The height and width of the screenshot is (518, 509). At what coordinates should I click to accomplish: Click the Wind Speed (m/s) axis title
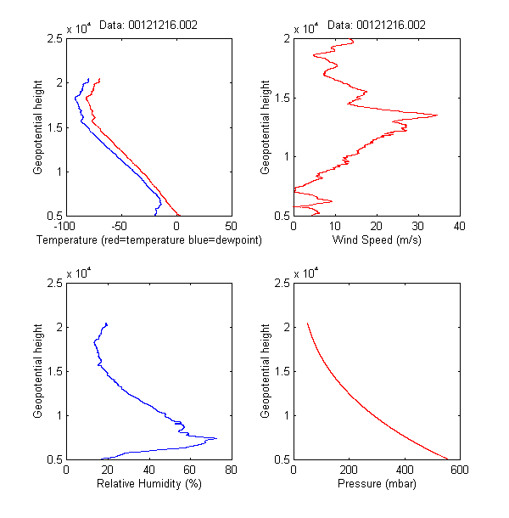pyautogui.click(x=377, y=240)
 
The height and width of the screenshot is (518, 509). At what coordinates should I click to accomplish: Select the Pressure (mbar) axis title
pyautogui.click(x=376, y=483)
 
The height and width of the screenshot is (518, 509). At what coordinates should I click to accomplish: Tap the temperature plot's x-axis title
pyautogui.click(x=148, y=240)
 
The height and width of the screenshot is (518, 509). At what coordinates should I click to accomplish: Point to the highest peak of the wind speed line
pyautogui.click(x=437, y=115)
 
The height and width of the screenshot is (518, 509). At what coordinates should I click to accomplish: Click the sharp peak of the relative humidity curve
pyautogui.click(x=216, y=438)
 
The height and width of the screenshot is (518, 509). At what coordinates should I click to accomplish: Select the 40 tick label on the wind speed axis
pyautogui.click(x=459, y=227)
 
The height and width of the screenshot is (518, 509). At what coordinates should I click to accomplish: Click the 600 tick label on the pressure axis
pyautogui.click(x=459, y=470)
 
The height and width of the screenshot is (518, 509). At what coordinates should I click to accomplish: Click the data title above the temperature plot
pyautogui.click(x=148, y=25)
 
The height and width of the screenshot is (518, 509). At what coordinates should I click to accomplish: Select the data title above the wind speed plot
pyautogui.click(x=376, y=25)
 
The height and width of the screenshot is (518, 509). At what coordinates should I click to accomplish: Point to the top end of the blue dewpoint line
pyautogui.click(x=89, y=79)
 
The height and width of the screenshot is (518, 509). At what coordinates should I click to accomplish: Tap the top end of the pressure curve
pyautogui.click(x=307, y=324)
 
